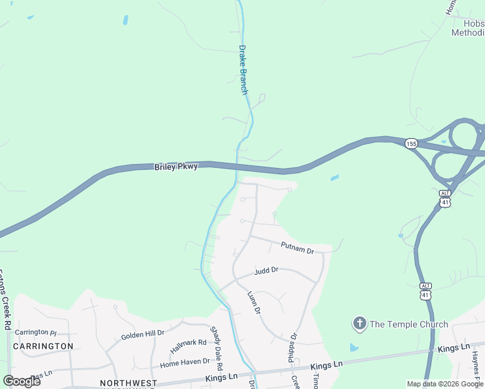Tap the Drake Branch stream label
point(244,69)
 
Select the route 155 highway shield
point(411,143)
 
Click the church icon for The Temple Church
point(359,323)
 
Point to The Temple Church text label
point(408,324)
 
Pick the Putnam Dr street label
point(297,247)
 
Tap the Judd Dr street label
point(266,270)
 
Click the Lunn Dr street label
point(254,302)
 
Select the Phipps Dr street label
point(292,348)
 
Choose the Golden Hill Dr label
point(143,335)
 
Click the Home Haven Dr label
point(185,362)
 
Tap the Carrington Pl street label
point(36,332)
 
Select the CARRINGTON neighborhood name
point(43,346)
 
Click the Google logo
point(22,381)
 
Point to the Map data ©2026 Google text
point(445,384)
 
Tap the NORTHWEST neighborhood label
point(128,383)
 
